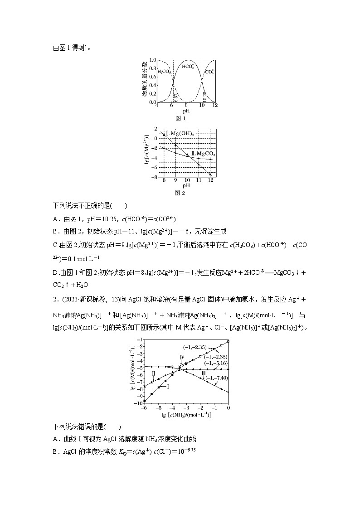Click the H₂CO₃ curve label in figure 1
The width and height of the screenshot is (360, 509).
(x=164, y=72)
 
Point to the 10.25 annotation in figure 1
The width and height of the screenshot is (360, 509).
(x=205, y=96)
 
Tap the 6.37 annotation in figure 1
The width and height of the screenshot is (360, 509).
(x=175, y=96)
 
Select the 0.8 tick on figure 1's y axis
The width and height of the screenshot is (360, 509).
(x=153, y=68)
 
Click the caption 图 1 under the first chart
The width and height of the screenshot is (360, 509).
(x=180, y=118)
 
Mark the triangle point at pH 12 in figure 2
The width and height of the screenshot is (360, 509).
(x=210, y=174)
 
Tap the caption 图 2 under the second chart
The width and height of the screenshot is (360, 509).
(x=180, y=193)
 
